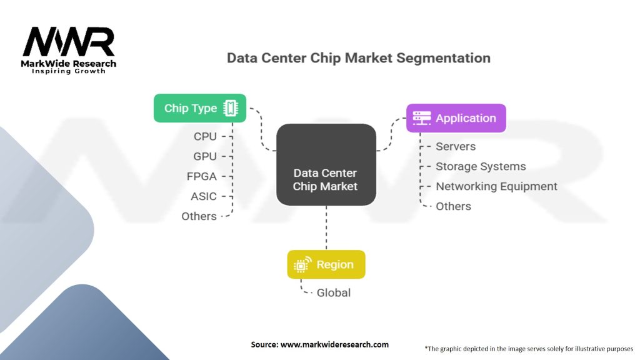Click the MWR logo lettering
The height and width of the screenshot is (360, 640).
pyautogui.click(x=69, y=41)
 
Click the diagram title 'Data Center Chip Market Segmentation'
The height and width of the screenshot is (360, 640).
pyautogui.click(x=359, y=58)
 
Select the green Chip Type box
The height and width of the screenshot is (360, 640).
pyautogui.click(x=200, y=108)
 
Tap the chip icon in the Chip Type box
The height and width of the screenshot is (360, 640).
pyautogui.click(x=231, y=108)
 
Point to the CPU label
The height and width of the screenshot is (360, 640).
pyautogui.click(x=205, y=136)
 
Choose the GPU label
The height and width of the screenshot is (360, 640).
pyautogui.click(x=205, y=156)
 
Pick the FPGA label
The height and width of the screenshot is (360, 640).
pyautogui.click(x=202, y=176)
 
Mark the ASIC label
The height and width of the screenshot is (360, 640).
pyautogui.click(x=204, y=196)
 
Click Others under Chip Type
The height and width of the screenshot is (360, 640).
pyautogui.click(x=199, y=216)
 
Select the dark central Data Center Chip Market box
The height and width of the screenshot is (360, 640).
pyautogui.click(x=326, y=164)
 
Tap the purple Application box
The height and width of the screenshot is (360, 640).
pyautogui.click(x=456, y=118)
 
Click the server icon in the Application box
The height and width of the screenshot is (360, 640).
pyautogui.click(x=422, y=118)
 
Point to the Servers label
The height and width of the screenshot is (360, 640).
pyautogui.click(x=456, y=146)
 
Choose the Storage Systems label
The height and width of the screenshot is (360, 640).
pyautogui.click(x=481, y=166)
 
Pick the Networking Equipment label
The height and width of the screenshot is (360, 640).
pyautogui.click(x=496, y=186)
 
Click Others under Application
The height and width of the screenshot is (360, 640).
pyautogui.click(x=454, y=206)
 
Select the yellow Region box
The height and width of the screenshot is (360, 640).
pyautogui.click(x=326, y=264)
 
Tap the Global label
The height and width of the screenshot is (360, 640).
pyautogui.click(x=334, y=292)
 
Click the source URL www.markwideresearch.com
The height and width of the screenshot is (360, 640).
pyautogui.click(x=335, y=344)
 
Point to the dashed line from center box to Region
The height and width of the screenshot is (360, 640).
pyautogui.click(x=326, y=227)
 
